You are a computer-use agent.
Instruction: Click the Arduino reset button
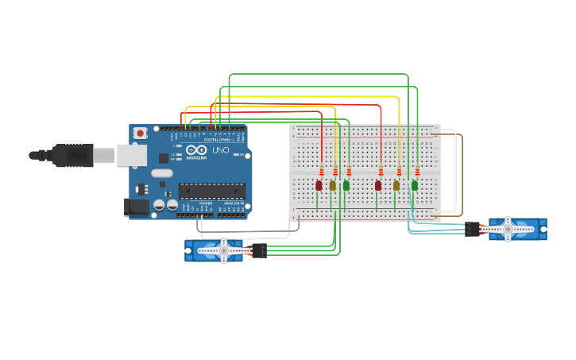point(140,133)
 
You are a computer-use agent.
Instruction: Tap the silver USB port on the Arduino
point(132,155)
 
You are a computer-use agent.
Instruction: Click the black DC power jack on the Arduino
point(136,207)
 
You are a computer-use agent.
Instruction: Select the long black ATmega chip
point(211,190)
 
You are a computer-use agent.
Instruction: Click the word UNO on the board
point(220,150)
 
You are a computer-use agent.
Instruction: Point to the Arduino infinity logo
point(196,149)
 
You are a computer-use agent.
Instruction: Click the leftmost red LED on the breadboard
point(319,185)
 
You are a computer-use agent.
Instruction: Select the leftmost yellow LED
point(333,185)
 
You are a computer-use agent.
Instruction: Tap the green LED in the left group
point(346,185)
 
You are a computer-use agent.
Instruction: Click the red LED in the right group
point(378,185)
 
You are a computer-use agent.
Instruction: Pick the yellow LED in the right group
point(396,185)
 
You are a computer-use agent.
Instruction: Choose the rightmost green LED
point(415,185)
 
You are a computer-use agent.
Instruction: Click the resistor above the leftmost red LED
point(322,172)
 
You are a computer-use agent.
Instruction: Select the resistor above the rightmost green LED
point(417,172)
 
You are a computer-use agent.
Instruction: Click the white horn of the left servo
point(223,251)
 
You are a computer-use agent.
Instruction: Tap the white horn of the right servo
point(508,229)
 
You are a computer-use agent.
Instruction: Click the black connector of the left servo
point(259,250)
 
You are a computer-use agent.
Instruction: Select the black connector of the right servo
point(473,229)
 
